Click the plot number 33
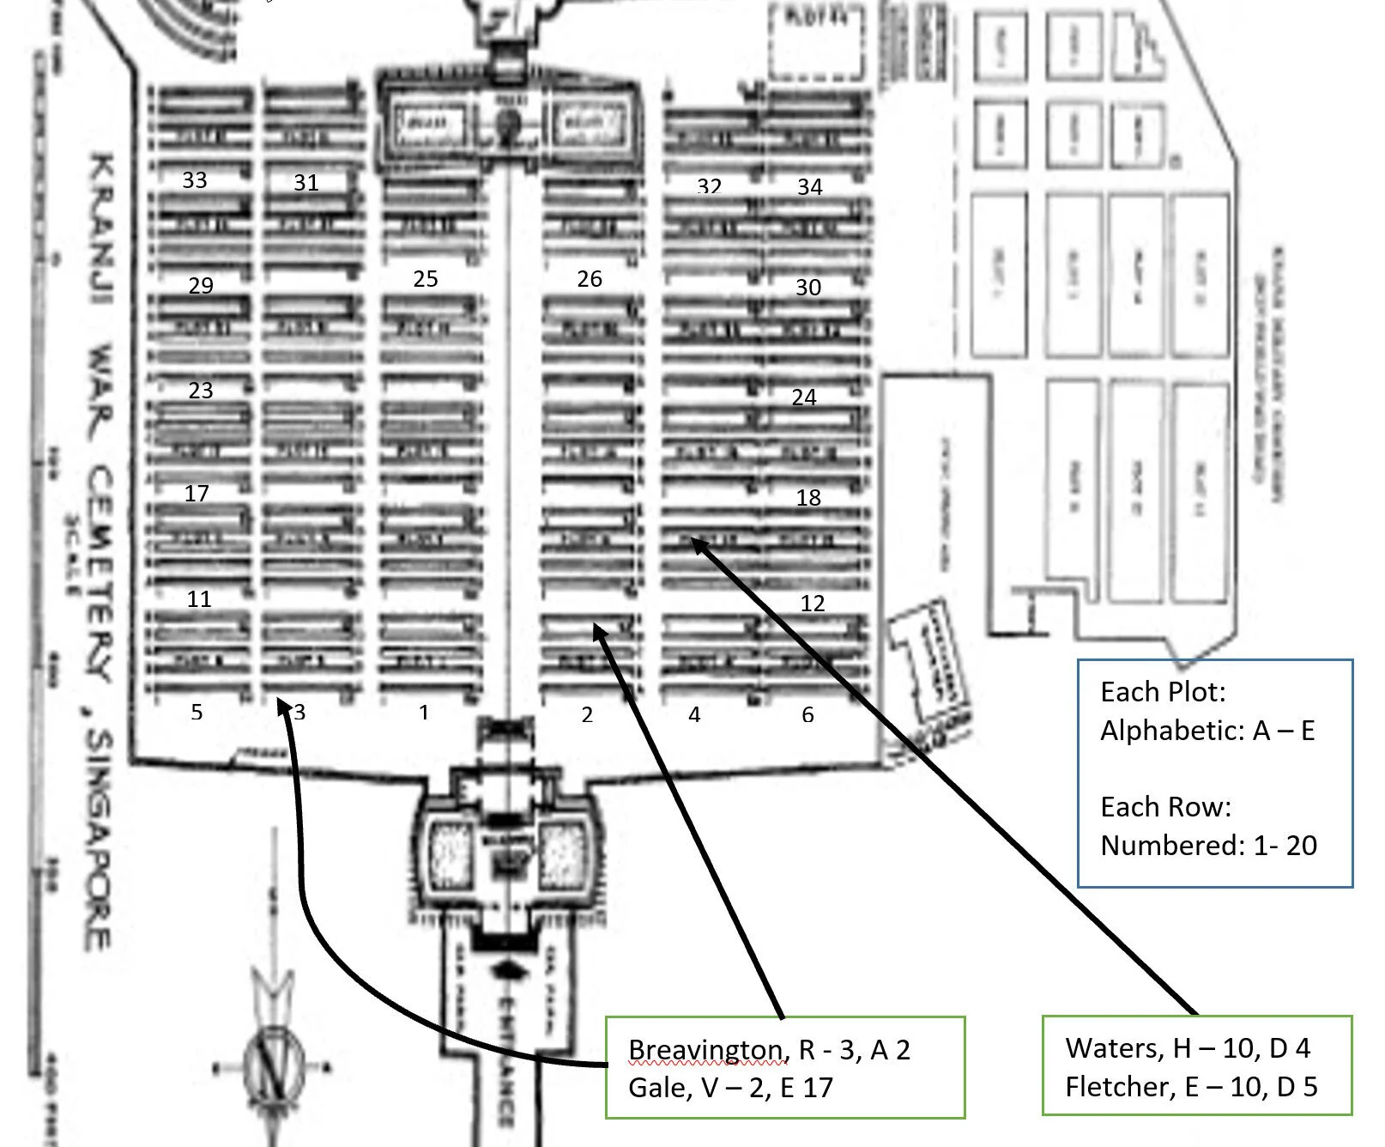[x=195, y=180]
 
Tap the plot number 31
[x=306, y=183]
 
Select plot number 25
[x=426, y=279]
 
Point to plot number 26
[x=590, y=279]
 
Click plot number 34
[x=810, y=187]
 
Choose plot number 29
[x=201, y=286]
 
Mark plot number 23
[x=201, y=391]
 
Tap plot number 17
[x=197, y=494]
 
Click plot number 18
[x=808, y=498]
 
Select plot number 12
[x=813, y=604]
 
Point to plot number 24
[x=804, y=398]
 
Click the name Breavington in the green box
[x=705, y=1050]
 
